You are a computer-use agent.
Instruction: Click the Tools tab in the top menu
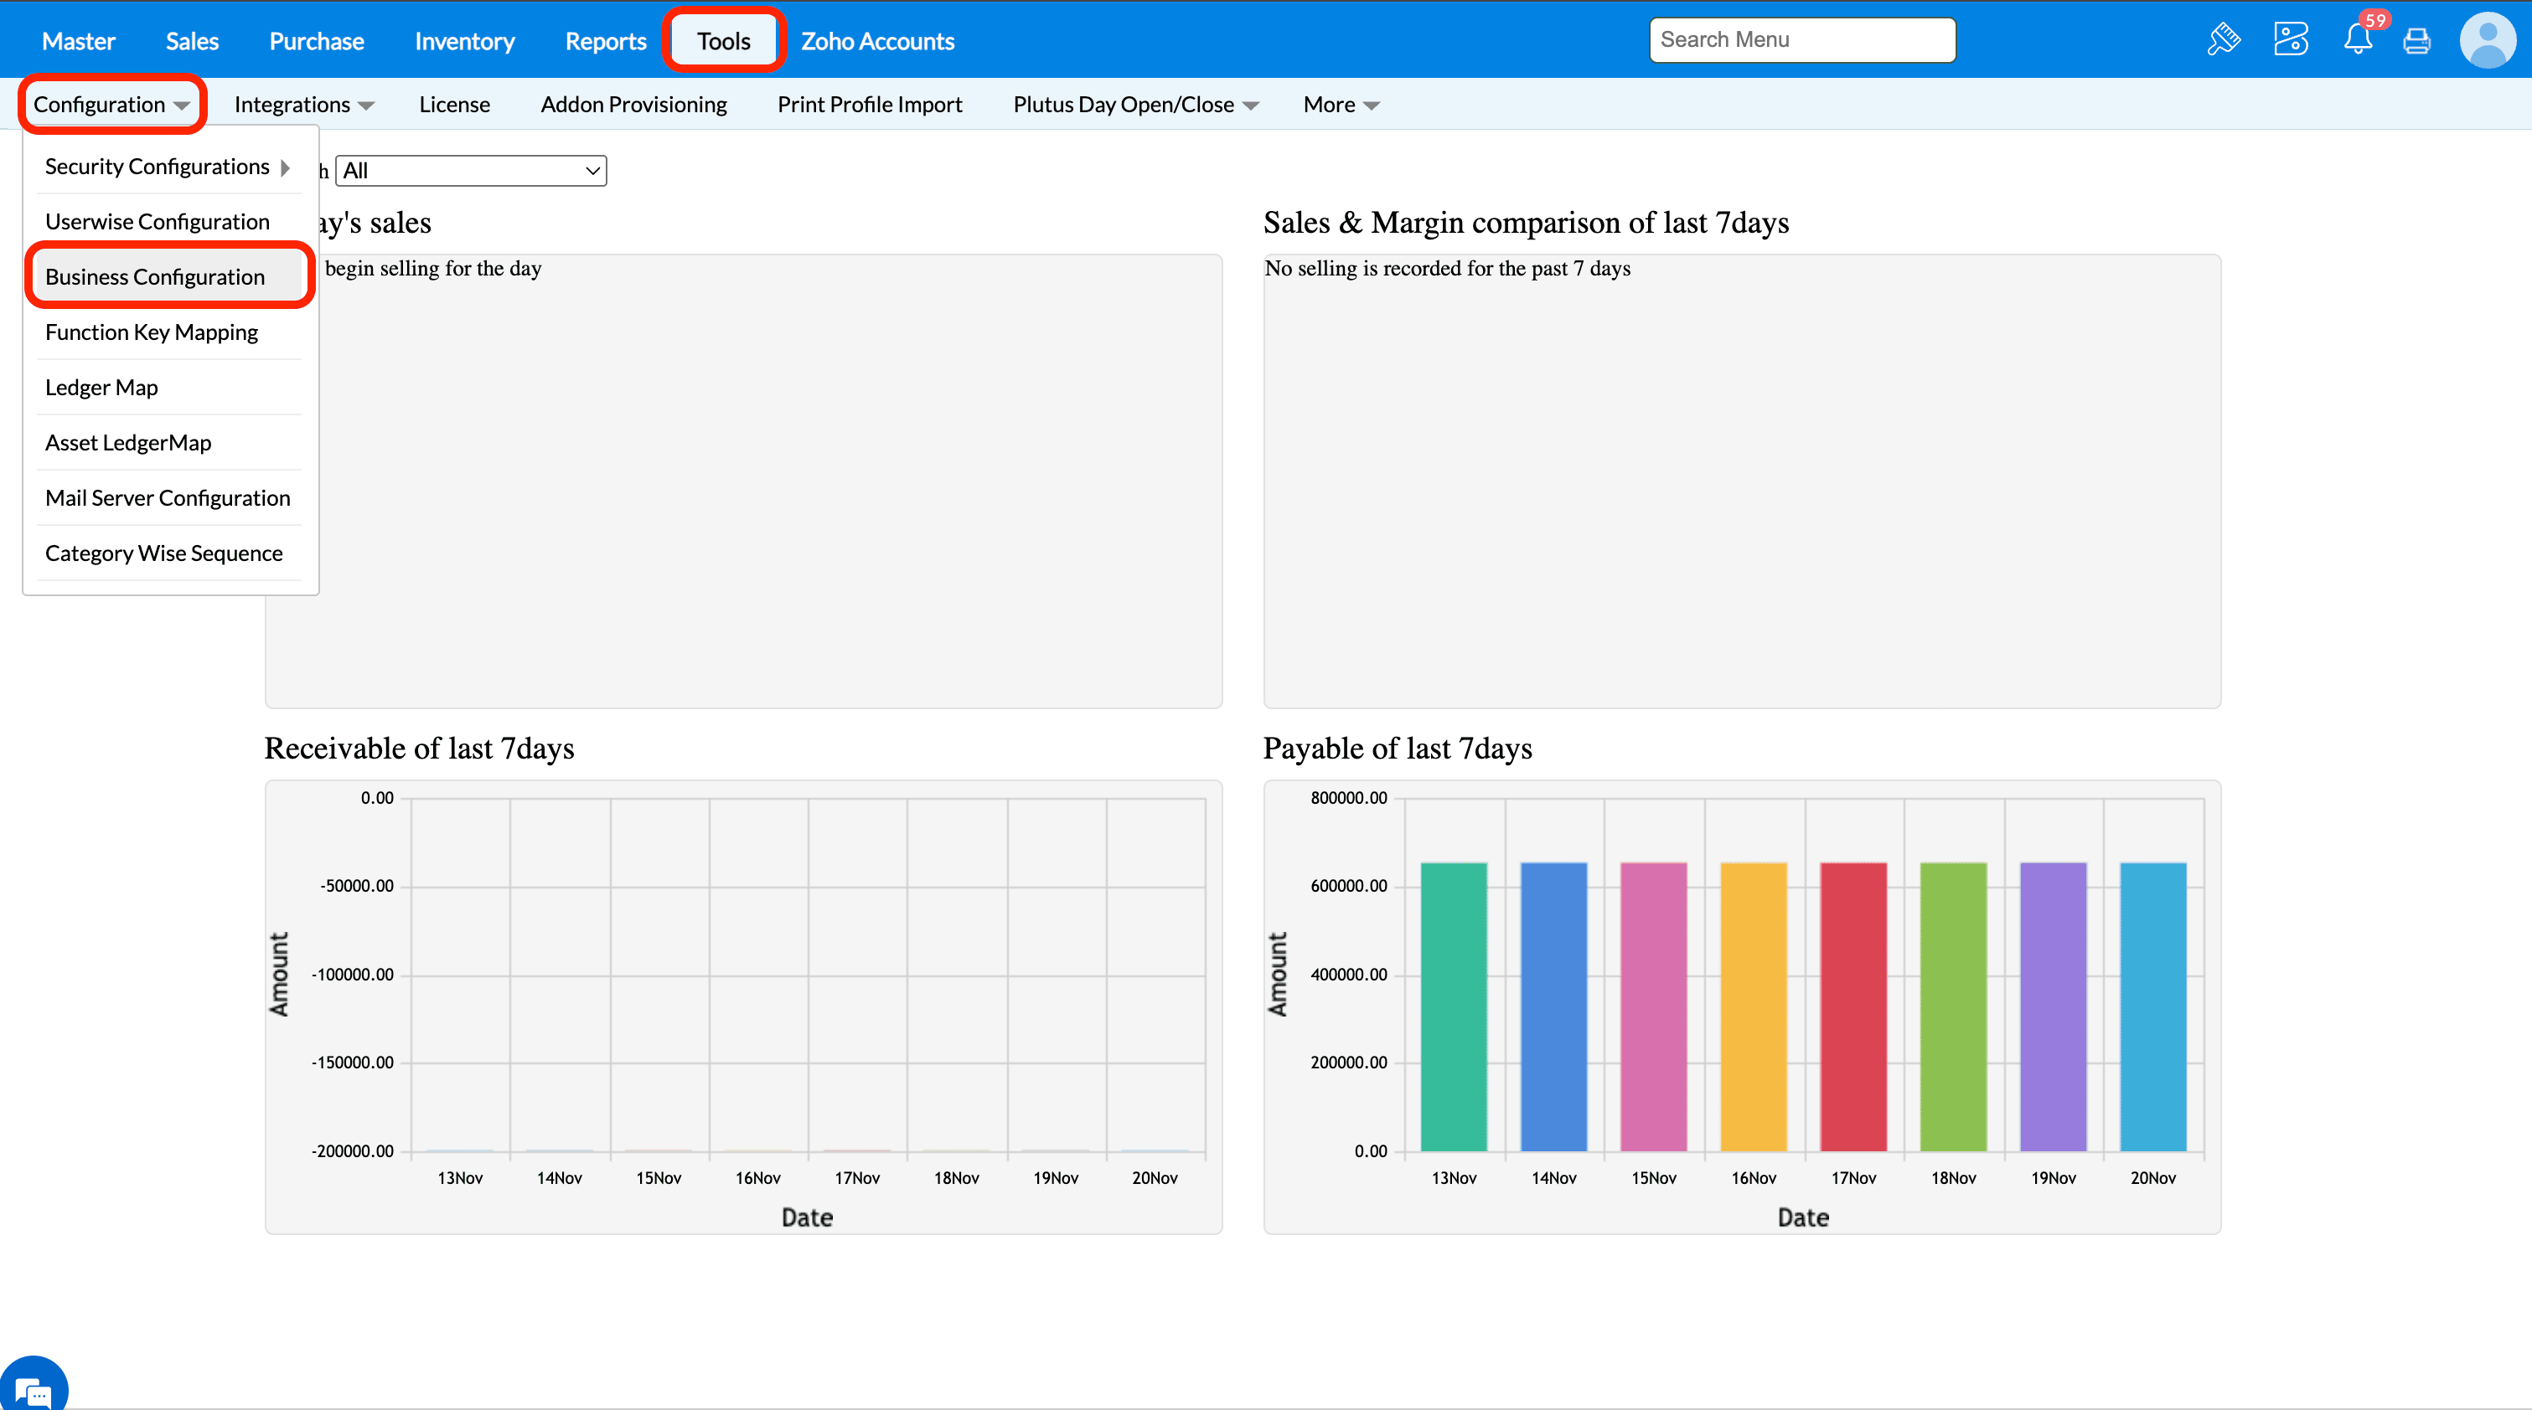(x=723, y=41)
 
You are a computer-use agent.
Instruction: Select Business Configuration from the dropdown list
(x=155, y=277)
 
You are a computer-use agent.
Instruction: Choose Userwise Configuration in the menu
(x=158, y=222)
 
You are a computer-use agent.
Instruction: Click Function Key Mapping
(x=152, y=332)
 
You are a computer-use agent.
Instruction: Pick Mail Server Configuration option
(x=167, y=498)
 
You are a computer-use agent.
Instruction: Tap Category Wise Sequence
(x=163, y=553)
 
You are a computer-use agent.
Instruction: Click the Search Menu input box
(x=1801, y=40)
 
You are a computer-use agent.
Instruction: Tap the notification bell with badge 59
(x=2358, y=39)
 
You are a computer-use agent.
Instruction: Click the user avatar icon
(x=2487, y=40)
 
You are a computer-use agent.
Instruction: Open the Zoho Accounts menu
(x=876, y=41)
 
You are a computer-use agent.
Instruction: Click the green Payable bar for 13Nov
(x=1454, y=1006)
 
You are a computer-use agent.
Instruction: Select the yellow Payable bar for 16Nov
(x=1754, y=1006)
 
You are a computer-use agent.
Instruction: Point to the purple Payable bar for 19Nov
(x=2054, y=1006)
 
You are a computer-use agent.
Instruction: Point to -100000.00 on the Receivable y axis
(x=353, y=975)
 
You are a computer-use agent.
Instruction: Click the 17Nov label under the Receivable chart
(x=857, y=1178)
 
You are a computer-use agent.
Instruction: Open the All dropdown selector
(x=471, y=171)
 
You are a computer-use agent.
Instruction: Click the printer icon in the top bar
(x=2417, y=40)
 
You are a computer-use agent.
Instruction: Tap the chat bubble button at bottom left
(x=34, y=1388)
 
